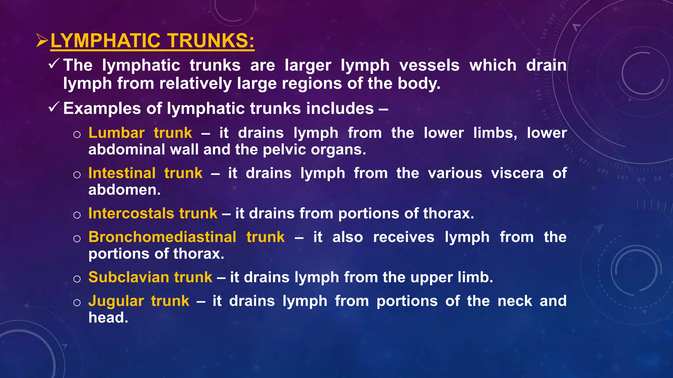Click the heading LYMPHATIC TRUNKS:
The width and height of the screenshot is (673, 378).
[x=152, y=41]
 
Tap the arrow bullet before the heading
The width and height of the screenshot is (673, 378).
[x=42, y=41]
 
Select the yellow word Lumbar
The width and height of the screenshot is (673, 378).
[x=116, y=133]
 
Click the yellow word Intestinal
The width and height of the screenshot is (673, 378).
[x=122, y=173]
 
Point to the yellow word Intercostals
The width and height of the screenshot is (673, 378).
[x=131, y=214]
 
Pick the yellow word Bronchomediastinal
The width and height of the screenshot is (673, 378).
[x=162, y=237]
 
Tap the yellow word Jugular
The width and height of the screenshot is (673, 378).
[x=116, y=301]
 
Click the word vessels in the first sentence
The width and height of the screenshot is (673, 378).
[x=429, y=65]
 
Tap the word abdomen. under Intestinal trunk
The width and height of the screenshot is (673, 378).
[x=125, y=190]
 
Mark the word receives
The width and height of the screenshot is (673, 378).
[x=404, y=237]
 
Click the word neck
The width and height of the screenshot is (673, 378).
[x=515, y=301]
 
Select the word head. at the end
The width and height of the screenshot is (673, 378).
[x=108, y=318]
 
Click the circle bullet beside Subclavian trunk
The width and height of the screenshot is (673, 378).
[x=77, y=279]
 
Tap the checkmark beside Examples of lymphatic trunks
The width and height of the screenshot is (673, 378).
[x=54, y=107]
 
